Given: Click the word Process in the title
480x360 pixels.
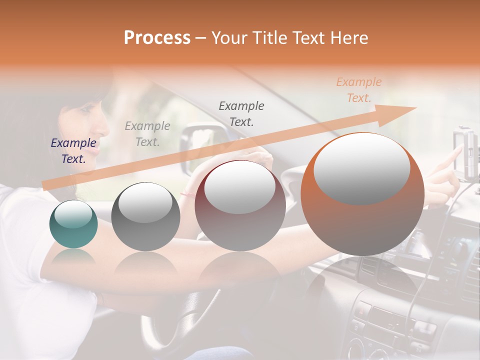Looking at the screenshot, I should (157, 38).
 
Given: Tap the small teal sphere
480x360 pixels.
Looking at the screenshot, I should (73, 224).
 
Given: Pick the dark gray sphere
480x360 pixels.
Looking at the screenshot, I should (145, 217).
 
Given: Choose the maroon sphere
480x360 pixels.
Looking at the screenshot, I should (240, 206).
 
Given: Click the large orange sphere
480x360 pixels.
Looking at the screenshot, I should (362, 195).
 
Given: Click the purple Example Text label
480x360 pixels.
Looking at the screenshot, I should (73, 151).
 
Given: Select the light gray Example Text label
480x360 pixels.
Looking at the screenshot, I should (147, 133).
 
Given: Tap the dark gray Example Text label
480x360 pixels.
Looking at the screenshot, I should (241, 113).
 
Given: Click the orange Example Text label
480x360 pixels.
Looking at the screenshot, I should (359, 90).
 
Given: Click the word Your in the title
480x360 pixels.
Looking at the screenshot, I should (227, 38).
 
